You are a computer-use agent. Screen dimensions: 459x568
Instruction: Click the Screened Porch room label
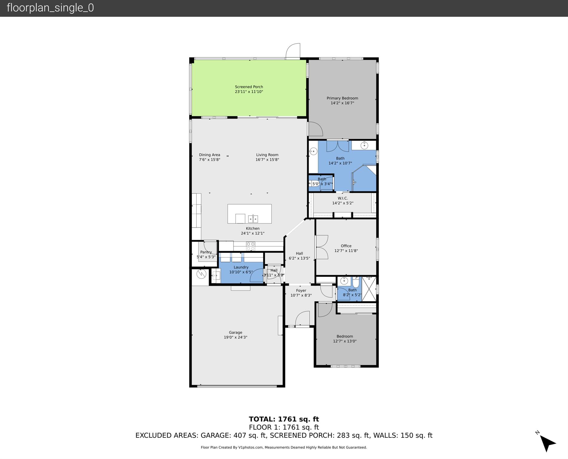point(249,87)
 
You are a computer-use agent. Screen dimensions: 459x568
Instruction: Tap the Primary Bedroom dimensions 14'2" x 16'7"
point(342,103)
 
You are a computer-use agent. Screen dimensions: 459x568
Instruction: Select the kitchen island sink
point(253,219)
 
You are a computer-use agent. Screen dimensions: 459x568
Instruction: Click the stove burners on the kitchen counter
point(251,246)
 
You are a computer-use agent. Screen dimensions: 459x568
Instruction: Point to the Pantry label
point(206,252)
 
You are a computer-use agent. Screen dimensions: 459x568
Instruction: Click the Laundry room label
point(241,267)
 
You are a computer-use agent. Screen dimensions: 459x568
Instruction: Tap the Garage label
point(235,332)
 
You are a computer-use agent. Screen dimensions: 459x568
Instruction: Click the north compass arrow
point(547,443)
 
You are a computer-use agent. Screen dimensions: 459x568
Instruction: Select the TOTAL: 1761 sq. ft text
point(284,419)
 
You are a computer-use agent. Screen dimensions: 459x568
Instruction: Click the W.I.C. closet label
point(343,198)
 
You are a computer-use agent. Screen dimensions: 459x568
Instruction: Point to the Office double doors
point(322,247)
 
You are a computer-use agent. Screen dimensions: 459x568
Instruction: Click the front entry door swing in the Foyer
point(303,319)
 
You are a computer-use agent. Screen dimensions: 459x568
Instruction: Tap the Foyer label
point(301,290)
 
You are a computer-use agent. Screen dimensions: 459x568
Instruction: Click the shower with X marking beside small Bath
point(369,289)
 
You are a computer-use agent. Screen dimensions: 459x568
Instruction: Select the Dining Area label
point(209,155)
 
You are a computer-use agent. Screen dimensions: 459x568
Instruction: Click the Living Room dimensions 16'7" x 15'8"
point(267,160)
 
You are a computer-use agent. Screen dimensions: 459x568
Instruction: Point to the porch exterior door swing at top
point(293,51)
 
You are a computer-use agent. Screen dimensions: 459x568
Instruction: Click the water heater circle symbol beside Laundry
point(201,274)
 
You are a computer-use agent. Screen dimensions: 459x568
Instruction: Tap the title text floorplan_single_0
point(50,8)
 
